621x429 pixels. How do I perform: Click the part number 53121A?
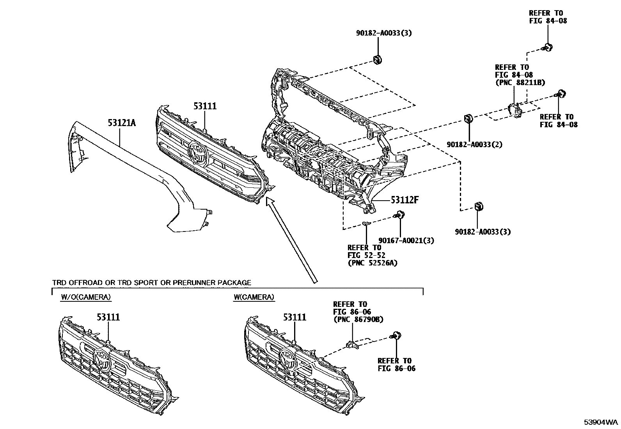coord(122,123)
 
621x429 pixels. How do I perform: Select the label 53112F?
coord(405,200)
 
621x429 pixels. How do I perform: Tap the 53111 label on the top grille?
coord(205,106)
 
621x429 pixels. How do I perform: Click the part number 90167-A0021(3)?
coord(406,240)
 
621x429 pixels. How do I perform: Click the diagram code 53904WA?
coord(601,422)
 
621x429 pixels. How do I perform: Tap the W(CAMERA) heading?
coord(254,297)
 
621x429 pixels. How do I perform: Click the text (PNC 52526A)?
coord(373,263)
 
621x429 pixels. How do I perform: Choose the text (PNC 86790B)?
coord(358,319)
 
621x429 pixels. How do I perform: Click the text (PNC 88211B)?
coord(520,82)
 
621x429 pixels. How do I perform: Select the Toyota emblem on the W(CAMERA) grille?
coord(289,359)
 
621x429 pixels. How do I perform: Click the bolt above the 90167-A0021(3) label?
coord(399,214)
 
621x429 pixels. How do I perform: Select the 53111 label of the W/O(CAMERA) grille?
coord(108,317)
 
